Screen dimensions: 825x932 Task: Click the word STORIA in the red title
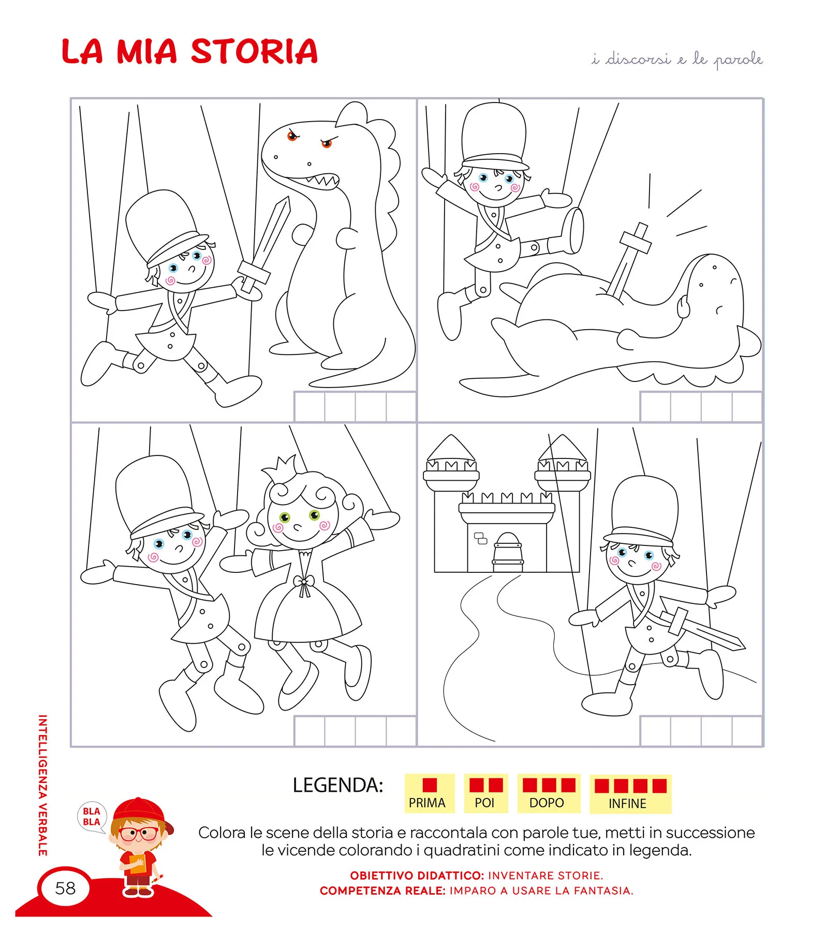click(254, 52)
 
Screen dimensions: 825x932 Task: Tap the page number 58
click(65, 888)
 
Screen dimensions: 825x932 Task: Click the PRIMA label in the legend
click(427, 803)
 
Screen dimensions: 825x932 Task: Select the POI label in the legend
click(484, 803)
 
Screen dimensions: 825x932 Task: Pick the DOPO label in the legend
click(547, 803)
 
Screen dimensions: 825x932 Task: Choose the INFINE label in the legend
click(627, 804)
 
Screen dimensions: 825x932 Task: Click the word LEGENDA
click(337, 785)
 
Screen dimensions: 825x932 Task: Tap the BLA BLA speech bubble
click(92, 817)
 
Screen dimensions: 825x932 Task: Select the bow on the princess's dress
click(303, 585)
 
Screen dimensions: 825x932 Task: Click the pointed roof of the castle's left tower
click(451, 448)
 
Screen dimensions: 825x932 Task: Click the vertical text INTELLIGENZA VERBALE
click(43, 785)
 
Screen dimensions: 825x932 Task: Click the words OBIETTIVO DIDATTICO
click(417, 876)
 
